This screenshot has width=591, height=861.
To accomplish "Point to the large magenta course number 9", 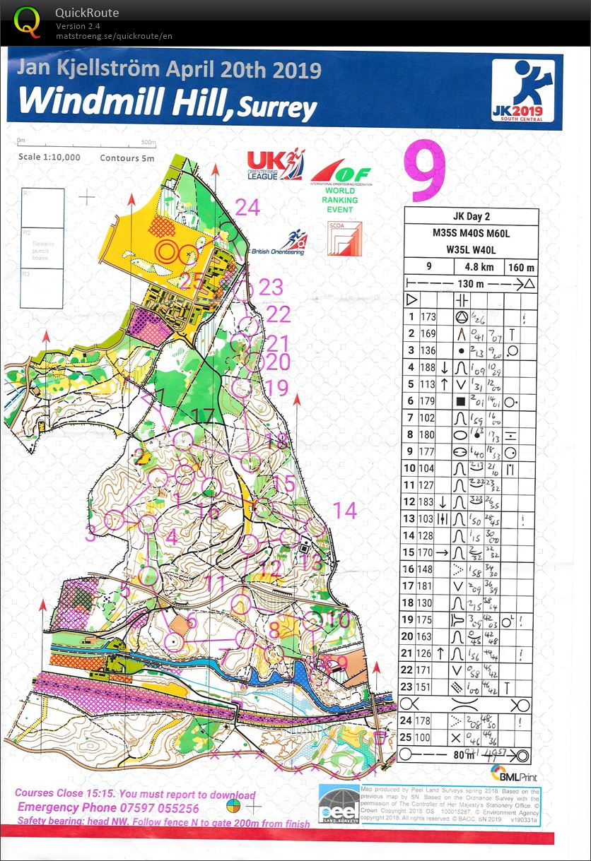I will (425, 172).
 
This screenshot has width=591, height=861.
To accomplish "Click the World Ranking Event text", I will (341, 200).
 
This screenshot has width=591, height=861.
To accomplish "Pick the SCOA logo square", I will (344, 239).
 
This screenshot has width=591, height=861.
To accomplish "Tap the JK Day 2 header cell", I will (472, 217).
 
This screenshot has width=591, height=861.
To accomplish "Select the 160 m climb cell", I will (522, 268).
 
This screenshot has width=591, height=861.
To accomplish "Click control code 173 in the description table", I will (428, 317).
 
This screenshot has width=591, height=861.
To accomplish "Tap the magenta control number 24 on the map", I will (247, 207).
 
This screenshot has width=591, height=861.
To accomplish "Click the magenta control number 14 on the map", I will (344, 510).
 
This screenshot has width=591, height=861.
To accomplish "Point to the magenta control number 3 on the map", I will (90, 533).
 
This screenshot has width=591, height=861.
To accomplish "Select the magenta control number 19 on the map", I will (278, 387).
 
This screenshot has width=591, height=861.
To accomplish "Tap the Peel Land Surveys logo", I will (337, 804).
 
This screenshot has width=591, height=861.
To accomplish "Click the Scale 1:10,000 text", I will (49, 158).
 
